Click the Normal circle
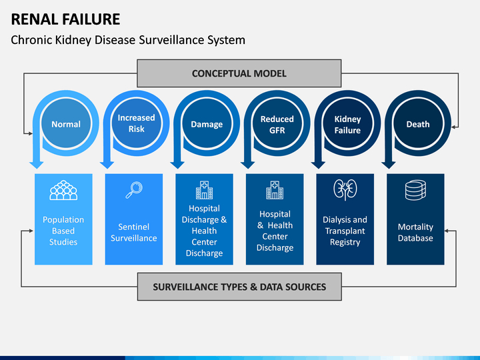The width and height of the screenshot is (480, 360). point(66,124)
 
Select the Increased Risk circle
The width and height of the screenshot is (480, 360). point(136,123)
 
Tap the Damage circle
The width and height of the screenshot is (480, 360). point(207,124)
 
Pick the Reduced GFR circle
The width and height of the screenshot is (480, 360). point(277,124)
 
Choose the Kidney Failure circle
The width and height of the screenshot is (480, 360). point(347,124)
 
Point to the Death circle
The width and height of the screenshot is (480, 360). point(418,124)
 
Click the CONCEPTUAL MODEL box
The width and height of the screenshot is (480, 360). point(239,73)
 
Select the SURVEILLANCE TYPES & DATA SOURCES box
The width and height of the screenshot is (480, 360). point(239,287)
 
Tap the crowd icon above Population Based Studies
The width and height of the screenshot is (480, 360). point(63,190)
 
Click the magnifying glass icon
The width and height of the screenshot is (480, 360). point(134,190)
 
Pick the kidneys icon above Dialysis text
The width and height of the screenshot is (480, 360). point(345,190)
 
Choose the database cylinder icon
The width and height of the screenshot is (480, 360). point(415,190)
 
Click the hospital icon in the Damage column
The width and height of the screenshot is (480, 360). point(204,190)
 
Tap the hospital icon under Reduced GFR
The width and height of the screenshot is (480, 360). point(275,190)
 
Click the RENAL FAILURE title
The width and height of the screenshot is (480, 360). point(65,19)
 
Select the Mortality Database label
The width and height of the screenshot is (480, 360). point(415,233)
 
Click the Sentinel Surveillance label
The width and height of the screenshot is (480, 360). point(134,233)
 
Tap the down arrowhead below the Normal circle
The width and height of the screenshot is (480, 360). point(37,165)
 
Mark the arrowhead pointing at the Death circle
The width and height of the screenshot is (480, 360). point(454,127)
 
